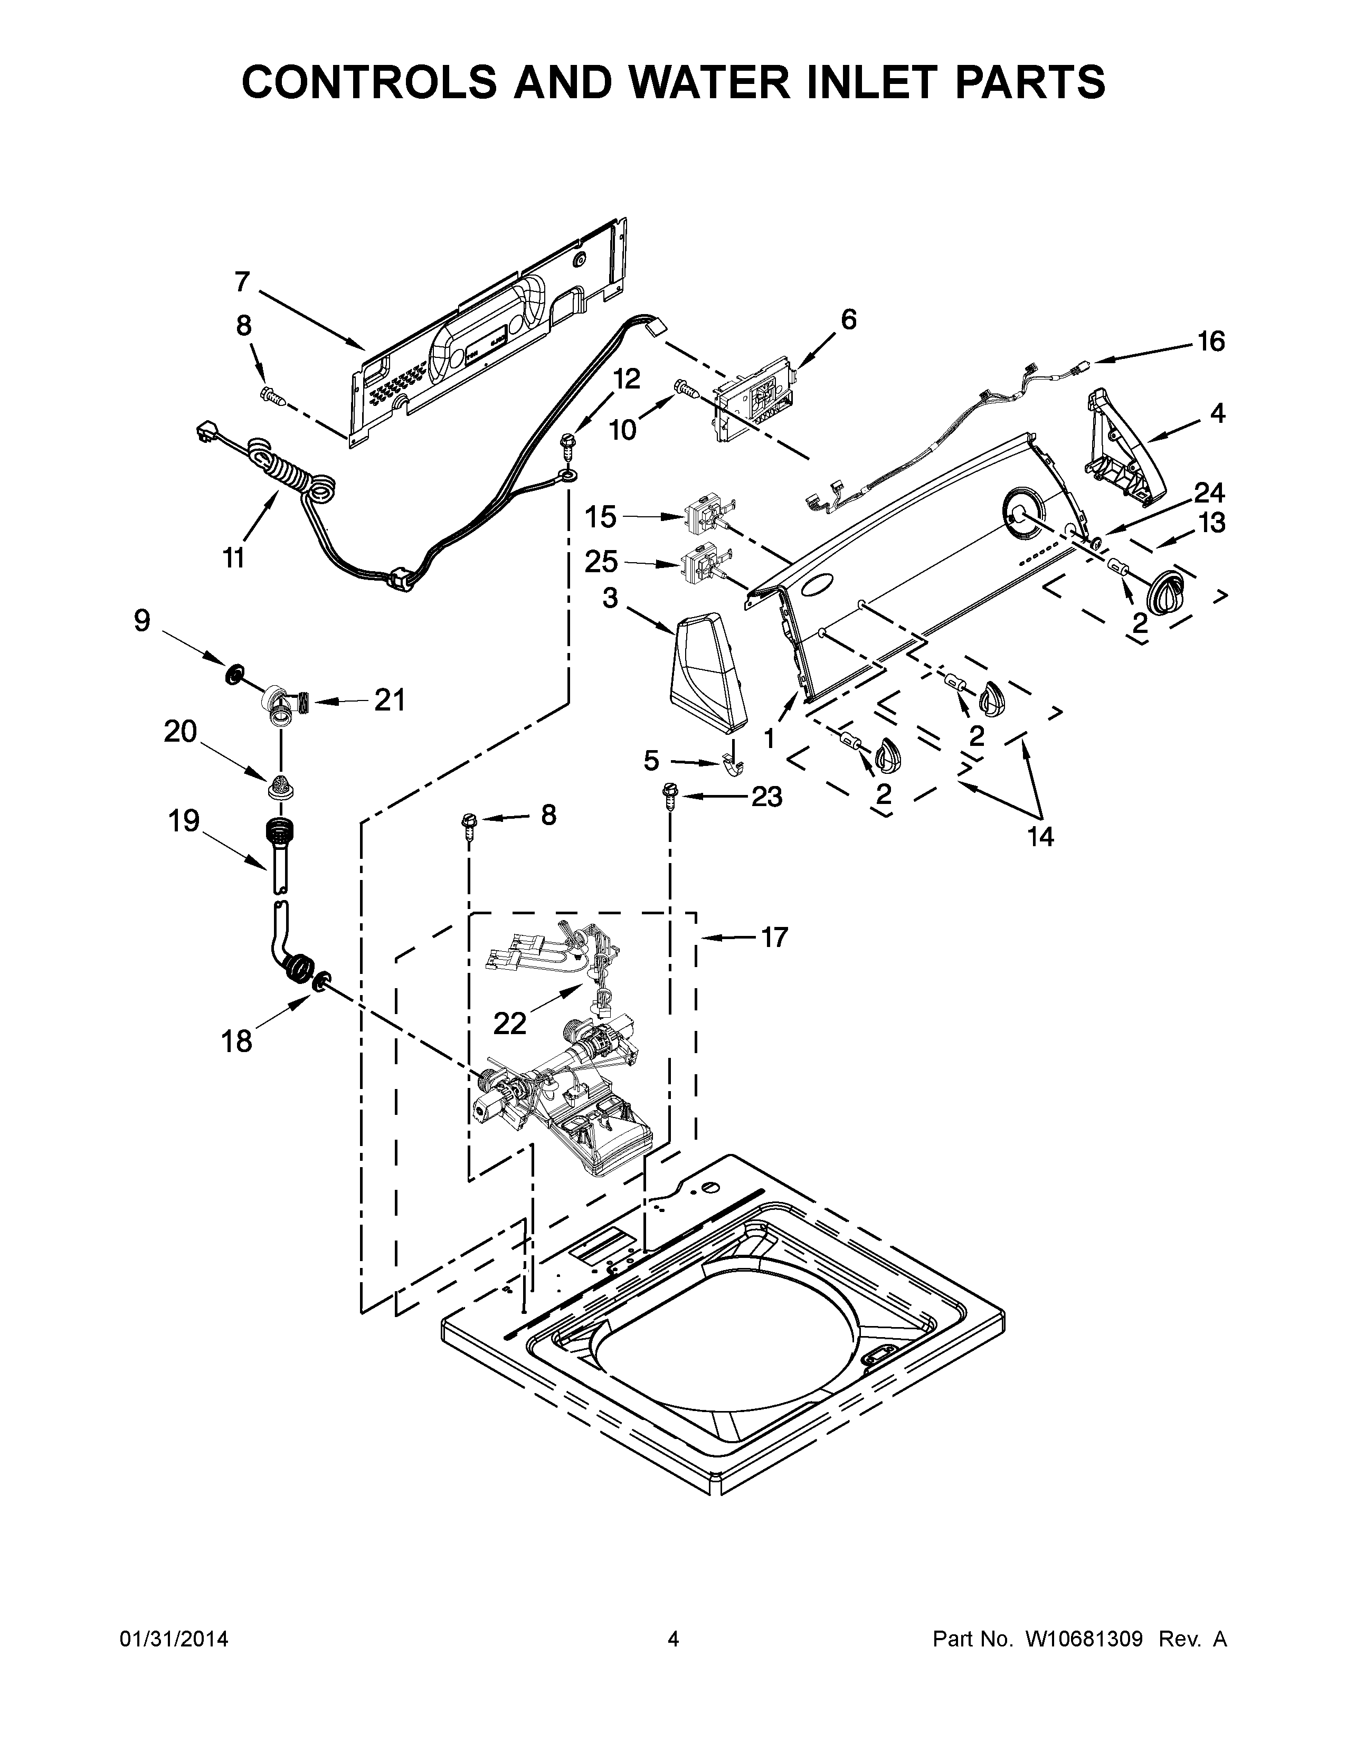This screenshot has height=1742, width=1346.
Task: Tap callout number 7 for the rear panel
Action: pyautogui.click(x=242, y=282)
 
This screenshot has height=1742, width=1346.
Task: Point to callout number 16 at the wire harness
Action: pyautogui.click(x=1210, y=342)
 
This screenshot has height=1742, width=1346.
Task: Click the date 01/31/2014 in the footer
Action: pyautogui.click(x=174, y=1700)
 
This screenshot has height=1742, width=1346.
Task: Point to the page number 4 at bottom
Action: pyautogui.click(x=673, y=1700)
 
